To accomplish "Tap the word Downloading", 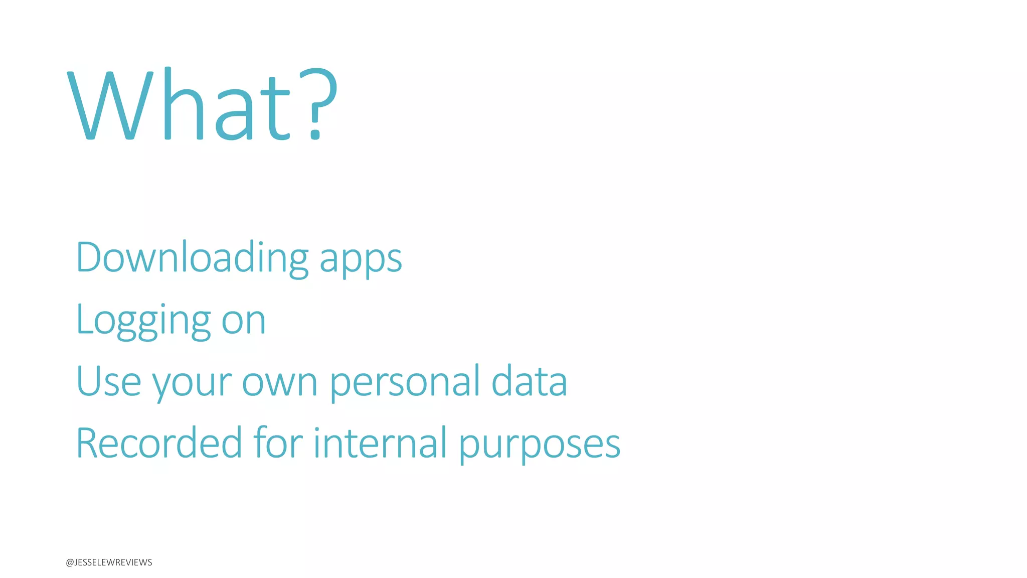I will (x=192, y=258).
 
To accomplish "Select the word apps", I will (x=361, y=260).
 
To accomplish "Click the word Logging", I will (x=143, y=321).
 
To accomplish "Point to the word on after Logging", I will (x=243, y=322).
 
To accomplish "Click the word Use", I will (x=108, y=381).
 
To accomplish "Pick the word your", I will (x=192, y=384).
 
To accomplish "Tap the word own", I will (x=279, y=383).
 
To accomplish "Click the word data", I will (x=529, y=381).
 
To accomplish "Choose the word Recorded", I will (x=159, y=443).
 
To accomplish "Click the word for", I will (x=278, y=443).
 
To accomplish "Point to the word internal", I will (x=380, y=443).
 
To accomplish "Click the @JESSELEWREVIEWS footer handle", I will (x=109, y=562).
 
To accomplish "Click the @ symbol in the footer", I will (x=69, y=562).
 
